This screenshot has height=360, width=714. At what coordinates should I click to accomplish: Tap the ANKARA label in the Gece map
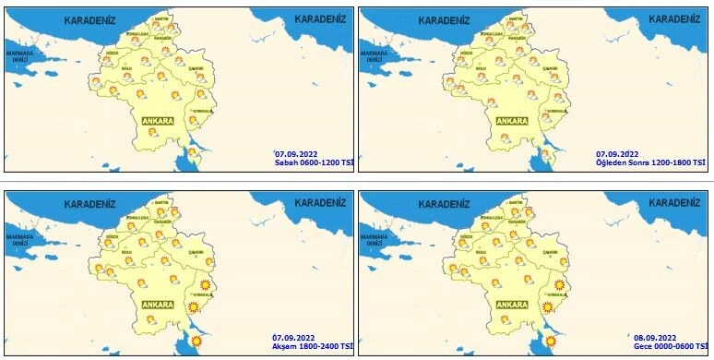pos(512,304)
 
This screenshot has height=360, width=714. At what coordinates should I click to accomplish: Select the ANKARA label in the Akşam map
pos(158,304)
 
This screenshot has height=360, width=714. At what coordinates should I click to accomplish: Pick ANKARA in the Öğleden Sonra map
pos(512,121)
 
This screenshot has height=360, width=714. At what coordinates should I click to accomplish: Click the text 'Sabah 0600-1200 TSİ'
pos(315,162)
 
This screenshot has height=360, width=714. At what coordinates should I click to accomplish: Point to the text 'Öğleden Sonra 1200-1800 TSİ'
pos(650,162)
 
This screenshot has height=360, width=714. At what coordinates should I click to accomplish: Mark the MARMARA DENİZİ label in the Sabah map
pos(20,56)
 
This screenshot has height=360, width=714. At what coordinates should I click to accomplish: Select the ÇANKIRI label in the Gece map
pos(549,251)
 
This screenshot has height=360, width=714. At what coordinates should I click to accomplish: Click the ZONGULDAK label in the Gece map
pos(488,217)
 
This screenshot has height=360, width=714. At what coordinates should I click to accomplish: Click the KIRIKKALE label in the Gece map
pos(553,294)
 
